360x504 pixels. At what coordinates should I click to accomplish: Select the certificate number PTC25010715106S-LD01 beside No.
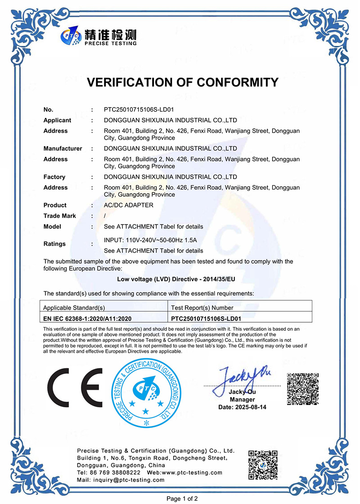coord(139,109)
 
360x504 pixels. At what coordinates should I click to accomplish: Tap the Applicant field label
coord(57,120)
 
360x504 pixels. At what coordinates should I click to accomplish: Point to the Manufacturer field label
coord(63,148)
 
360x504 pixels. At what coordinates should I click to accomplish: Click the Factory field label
coord(54,177)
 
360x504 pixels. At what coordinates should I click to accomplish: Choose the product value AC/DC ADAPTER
coord(128,205)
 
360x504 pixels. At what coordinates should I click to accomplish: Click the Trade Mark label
coord(59,216)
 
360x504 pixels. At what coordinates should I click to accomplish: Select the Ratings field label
coord(54,244)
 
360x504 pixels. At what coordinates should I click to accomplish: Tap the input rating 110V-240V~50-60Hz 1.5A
coord(150,240)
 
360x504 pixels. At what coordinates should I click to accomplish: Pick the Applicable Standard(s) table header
coord(73,308)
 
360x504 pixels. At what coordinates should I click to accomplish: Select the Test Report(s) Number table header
coord(202,308)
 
